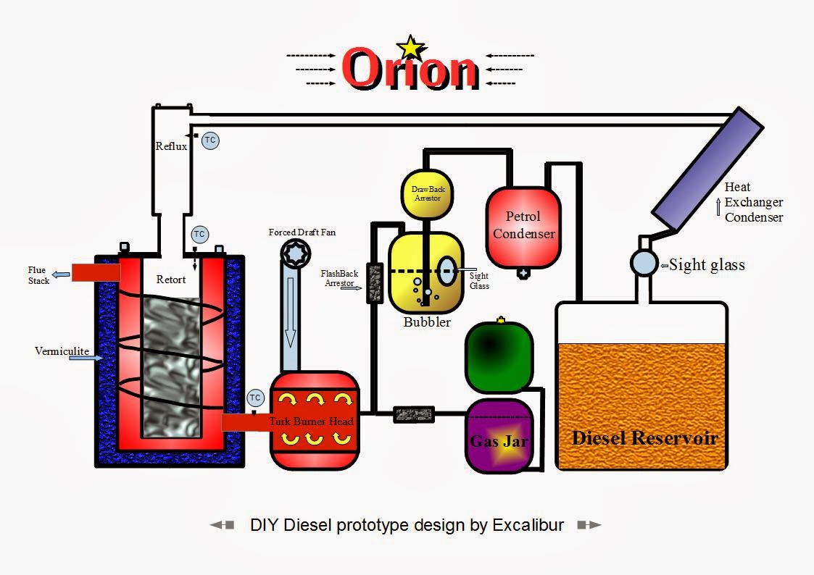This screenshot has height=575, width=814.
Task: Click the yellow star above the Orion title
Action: pyautogui.click(x=411, y=48)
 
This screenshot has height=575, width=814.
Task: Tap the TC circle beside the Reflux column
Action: pyautogui.click(x=210, y=140)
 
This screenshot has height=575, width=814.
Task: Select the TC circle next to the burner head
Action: pyautogui.click(x=255, y=398)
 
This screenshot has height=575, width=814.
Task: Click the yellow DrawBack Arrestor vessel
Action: pyautogui.click(x=427, y=194)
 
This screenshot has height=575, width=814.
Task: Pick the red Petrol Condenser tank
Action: pyautogui.click(x=523, y=227)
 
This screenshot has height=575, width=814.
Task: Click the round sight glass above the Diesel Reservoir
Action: pyautogui.click(x=644, y=262)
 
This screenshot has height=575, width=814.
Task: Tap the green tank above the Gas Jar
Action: pyautogui.click(x=499, y=356)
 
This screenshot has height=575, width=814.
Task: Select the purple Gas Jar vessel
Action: pyautogui.click(x=499, y=435)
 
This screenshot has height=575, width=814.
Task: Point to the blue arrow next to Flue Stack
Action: pyautogui.click(x=61, y=274)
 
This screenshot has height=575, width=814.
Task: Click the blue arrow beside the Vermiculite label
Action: pyautogui.click(x=86, y=358)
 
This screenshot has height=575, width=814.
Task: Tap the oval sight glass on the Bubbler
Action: pyautogui.click(x=447, y=271)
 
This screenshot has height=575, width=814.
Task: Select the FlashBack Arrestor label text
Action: pyautogui.click(x=339, y=278)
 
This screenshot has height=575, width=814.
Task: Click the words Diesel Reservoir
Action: pyautogui.click(x=644, y=438)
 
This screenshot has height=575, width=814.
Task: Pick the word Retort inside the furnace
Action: pyautogui.click(x=171, y=280)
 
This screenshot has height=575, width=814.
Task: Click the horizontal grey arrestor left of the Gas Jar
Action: pyautogui.click(x=414, y=414)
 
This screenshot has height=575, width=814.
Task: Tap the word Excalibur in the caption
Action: pyautogui.click(x=528, y=525)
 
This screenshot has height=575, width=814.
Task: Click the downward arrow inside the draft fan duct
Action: pyautogui.click(x=290, y=312)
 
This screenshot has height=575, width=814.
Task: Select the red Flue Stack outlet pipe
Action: pyautogui.click(x=96, y=272)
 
